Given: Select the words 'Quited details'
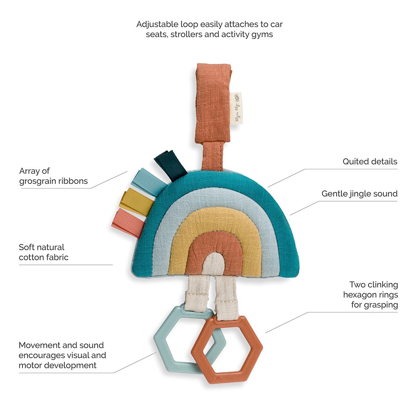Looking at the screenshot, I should (x=370, y=161).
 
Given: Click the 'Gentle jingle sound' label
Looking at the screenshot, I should (x=359, y=193).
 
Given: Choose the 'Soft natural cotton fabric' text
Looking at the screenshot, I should (x=43, y=252).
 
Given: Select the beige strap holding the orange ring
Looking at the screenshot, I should (x=226, y=296).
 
